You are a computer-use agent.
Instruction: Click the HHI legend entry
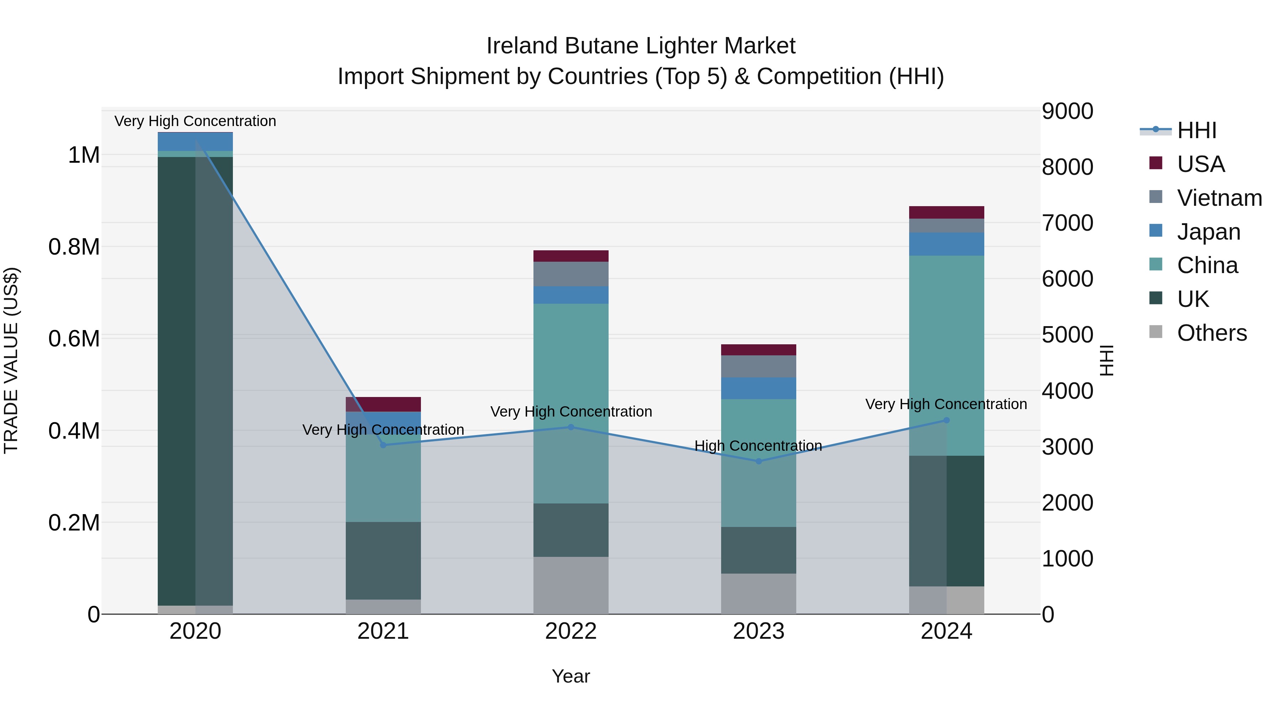pos(1197,130)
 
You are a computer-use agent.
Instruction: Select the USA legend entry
pos(1200,164)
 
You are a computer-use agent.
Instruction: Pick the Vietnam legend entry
pos(1219,198)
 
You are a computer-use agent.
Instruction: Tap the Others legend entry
pos(1212,333)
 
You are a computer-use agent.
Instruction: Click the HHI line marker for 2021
pos(383,445)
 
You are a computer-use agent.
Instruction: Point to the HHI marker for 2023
pos(759,461)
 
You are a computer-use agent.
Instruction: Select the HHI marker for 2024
pos(947,420)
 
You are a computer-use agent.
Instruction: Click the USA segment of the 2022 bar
pos(571,256)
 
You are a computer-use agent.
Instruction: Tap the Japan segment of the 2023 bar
pos(759,388)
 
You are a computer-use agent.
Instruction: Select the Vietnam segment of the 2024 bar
pos(947,225)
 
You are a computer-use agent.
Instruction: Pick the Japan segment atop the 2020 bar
pos(195,142)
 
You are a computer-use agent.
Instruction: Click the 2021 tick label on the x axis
pos(383,631)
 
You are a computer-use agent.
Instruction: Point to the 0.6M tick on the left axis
pos(74,339)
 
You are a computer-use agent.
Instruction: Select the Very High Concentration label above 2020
pos(195,121)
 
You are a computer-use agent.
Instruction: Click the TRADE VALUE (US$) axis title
pos(11,360)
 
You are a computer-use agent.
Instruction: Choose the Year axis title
pos(571,676)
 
